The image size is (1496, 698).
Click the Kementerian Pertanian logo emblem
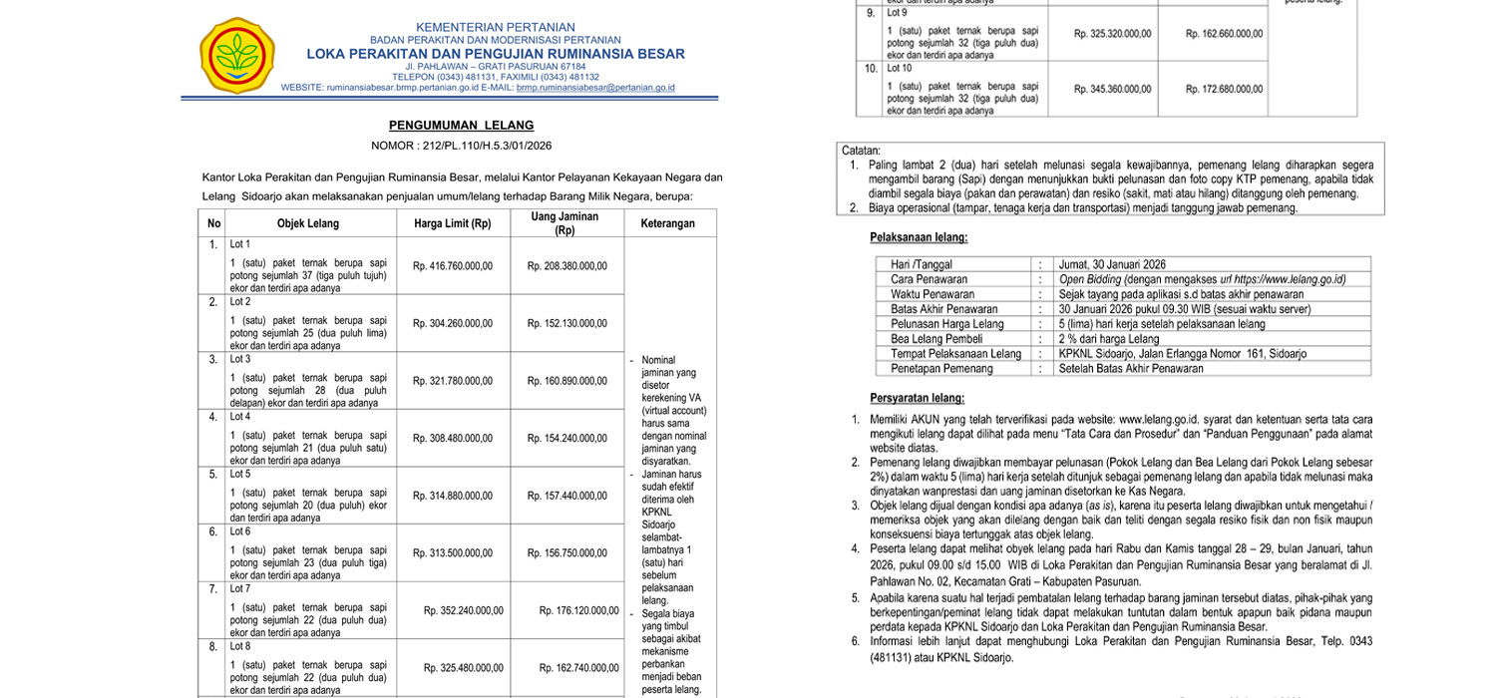(x=236, y=55)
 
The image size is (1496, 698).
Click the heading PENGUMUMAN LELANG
(x=461, y=126)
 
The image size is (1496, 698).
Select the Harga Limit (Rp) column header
(x=453, y=223)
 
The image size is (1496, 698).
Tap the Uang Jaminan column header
(x=564, y=223)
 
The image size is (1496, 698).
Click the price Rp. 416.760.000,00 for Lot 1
(x=453, y=266)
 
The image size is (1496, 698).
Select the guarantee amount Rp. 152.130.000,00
(x=567, y=323)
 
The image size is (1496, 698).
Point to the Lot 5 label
(x=240, y=474)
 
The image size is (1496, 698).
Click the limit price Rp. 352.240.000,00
(x=464, y=611)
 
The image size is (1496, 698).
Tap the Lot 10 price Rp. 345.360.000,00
(x=1112, y=90)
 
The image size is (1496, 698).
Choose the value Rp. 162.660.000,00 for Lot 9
(x=1224, y=34)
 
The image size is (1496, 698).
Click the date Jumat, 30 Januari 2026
(x=1112, y=265)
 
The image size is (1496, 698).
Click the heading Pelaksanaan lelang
(x=919, y=237)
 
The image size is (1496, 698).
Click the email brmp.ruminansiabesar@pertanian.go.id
(x=595, y=88)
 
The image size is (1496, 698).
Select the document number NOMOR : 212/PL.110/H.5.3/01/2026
(x=461, y=146)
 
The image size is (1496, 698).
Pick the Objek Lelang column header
(x=308, y=223)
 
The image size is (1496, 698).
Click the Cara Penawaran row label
(x=929, y=280)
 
